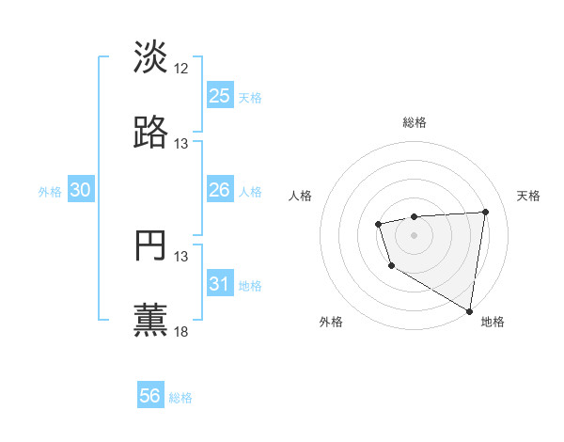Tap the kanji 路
[150, 133]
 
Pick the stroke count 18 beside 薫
[181, 332]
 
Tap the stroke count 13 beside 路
[181, 144]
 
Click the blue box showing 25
[219, 96]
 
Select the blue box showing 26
[219, 191]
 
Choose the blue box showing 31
[219, 284]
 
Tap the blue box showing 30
[81, 191]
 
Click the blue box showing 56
[150, 396]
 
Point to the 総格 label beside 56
[181, 398]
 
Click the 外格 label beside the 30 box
[50, 192]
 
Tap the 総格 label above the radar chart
[415, 122]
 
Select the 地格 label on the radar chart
[493, 323]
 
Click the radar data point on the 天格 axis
[485, 212]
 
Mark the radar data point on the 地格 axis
[469, 310]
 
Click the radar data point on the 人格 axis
[378, 224]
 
